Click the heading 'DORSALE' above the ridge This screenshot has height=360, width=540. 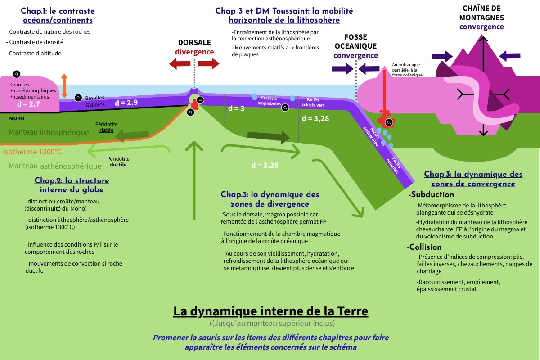[194, 42]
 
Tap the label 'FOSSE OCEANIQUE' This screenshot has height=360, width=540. [355, 41]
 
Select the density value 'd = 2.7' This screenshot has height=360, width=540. [28, 104]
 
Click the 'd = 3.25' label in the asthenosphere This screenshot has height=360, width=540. [265, 165]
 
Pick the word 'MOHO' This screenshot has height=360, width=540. [17, 118]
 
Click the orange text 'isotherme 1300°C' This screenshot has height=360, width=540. [32, 151]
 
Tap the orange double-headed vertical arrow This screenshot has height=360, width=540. [65, 86]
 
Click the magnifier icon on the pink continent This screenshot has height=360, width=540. [17, 74]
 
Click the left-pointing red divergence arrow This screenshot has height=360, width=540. [180, 64]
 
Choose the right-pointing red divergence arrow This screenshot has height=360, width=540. [209, 64]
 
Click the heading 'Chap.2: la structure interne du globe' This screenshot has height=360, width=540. [72, 185]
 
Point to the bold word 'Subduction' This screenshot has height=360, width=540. [432, 195]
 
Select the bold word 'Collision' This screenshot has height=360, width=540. [427, 247]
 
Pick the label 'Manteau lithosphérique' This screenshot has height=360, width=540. [49, 132]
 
